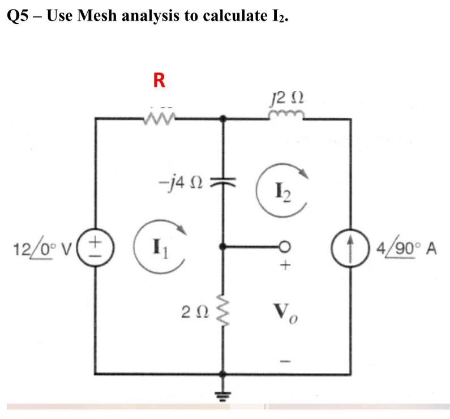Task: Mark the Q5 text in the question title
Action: point(19,15)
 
